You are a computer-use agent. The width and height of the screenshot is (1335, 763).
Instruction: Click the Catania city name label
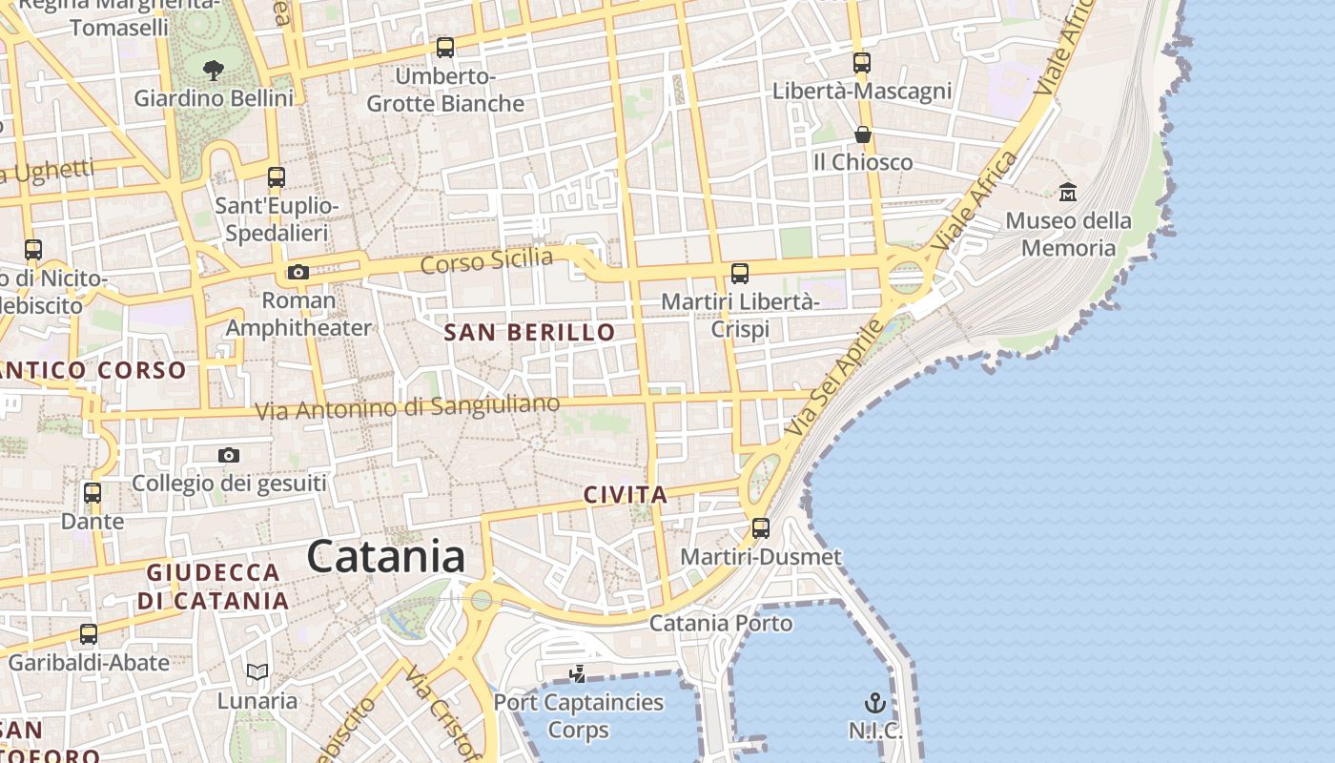click(386, 557)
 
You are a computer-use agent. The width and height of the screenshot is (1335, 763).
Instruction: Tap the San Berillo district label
click(530, 333)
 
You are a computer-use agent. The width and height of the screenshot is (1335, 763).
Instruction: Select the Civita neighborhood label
click(626, 495)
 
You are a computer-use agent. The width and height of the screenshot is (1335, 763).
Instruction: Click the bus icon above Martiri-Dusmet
click(761, 527)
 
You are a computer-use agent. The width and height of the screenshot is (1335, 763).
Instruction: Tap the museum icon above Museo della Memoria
click(1068, 192)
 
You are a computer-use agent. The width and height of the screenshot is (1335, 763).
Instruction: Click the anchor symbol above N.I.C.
click(875, 704)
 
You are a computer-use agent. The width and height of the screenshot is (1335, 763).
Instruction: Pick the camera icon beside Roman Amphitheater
click(298, 273)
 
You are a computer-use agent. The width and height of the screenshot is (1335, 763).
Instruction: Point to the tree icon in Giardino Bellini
click(214, 69)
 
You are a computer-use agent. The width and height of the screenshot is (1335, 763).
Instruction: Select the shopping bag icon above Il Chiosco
click(863, 134)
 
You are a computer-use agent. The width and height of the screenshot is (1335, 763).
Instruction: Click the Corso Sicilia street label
click(486, 259)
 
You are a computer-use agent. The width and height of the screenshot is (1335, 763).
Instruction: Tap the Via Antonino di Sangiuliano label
click(407, 407)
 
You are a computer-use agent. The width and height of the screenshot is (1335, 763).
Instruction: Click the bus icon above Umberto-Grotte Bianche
click(444, 47)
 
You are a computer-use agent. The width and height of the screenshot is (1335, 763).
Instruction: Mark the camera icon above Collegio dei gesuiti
click(229, 455)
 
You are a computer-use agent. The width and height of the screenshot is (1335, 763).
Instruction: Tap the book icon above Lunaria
click(257, 671)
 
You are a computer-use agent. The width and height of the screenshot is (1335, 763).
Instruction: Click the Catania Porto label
click(721, 624)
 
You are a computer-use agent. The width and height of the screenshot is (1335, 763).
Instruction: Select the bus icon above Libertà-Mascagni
click(862, 63)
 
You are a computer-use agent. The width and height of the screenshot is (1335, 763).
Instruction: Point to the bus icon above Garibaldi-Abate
click(89, 633)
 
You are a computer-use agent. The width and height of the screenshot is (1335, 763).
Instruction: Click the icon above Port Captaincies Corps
click(578, 674)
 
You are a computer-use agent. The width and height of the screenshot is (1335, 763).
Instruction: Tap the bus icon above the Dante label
click(92, 493)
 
